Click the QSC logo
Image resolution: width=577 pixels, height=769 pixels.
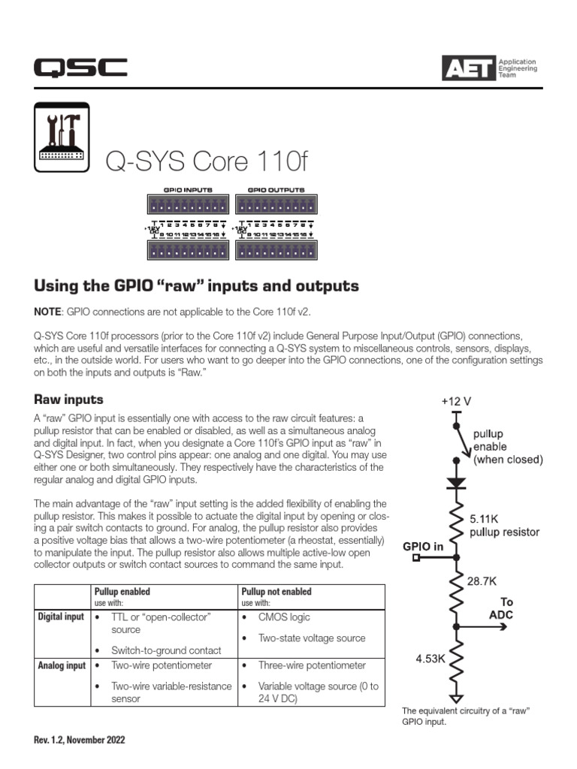(80, 68)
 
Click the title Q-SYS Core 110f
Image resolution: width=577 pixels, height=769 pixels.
(207, 160)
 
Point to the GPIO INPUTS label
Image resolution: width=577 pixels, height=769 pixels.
(188, 190)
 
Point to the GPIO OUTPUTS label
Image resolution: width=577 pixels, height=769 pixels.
(276, 190)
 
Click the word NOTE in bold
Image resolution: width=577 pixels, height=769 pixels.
(48, 311)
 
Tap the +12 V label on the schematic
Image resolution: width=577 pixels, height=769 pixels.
(456, 401)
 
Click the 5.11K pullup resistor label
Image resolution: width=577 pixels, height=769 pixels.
(504, 525)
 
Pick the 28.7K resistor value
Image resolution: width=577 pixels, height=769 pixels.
(481, 581)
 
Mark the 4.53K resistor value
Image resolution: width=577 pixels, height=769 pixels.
(431, 659)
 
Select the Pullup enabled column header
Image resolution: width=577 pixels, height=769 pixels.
(122, 592)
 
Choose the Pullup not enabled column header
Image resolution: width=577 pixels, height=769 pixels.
(276, 592)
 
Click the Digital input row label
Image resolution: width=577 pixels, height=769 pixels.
(62, 617)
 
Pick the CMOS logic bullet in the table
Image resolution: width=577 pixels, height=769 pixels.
(284, 617)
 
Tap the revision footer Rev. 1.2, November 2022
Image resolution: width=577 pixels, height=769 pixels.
(79, 740)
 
